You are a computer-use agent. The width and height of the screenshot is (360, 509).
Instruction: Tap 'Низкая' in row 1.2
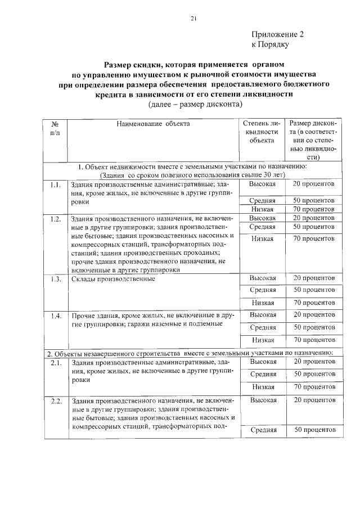tap(263, 239)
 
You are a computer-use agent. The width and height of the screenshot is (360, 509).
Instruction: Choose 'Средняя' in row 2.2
tap(263, 430)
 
